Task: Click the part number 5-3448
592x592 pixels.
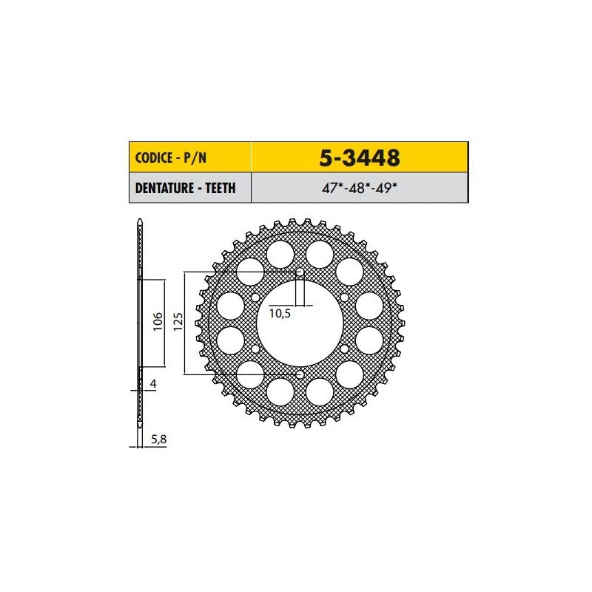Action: coord(360,158)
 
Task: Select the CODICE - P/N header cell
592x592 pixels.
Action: coord(190,158)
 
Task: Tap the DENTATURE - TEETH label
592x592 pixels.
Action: coord(186,188)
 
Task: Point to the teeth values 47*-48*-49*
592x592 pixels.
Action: coord(360,188)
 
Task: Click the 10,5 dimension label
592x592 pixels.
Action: coord(280,313)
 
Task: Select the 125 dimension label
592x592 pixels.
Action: coord(178,321)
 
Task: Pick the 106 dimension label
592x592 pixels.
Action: coord(158,321)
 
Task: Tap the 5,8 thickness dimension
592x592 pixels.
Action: coord(159,440)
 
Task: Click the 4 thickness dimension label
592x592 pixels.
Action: coord(153,383)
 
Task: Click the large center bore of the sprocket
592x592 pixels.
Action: coord(300,323)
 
